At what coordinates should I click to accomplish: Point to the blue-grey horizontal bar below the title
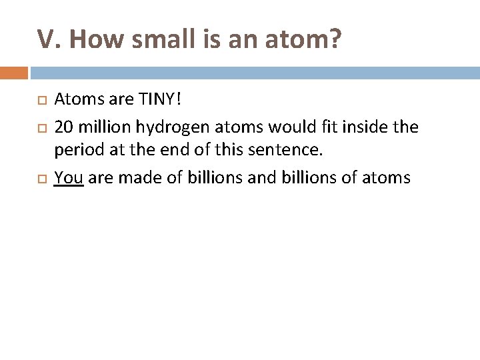click(x=253, y=72)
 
